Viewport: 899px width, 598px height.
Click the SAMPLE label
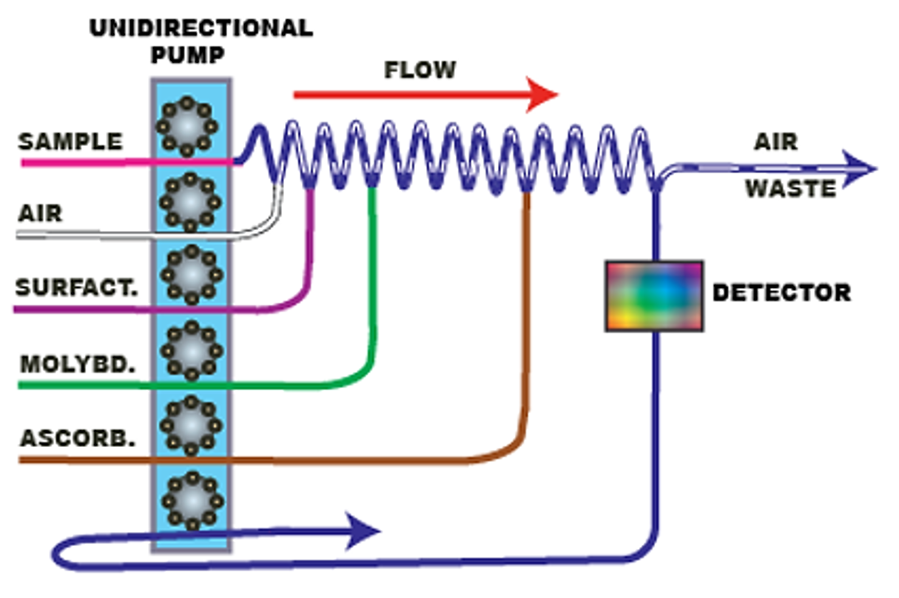coord(70,141)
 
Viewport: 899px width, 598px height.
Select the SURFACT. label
coord(77,288)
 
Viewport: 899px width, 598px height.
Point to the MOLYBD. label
coord(78,364)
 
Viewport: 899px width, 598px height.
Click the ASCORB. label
coord(78,438)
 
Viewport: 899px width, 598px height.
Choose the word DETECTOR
coord(781,292)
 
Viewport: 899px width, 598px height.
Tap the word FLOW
coord(420,70)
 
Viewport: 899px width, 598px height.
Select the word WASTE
coord(790,189)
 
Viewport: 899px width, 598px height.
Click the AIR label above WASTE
coord(775,141)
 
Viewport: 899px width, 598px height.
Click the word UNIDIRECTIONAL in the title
coord(201,29)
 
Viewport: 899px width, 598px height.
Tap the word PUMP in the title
coord(192,56)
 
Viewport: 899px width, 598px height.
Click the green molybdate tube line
coord(222,385)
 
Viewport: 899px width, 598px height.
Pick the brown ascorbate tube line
coord(296,460)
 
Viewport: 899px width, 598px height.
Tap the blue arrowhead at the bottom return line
coord(366,531)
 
